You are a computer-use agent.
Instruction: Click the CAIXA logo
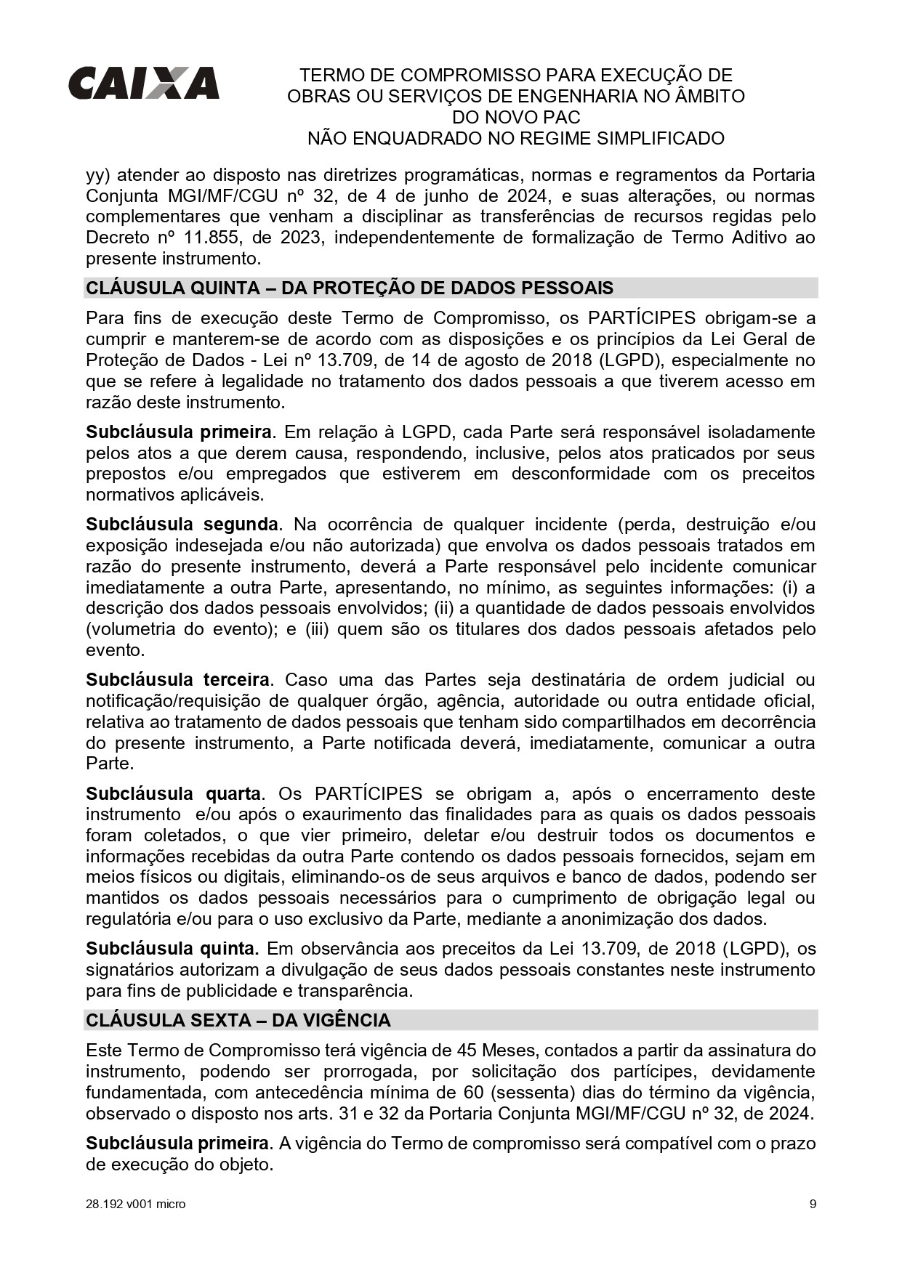tap(143, 83)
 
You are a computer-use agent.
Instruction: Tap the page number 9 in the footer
tap(813, 1204)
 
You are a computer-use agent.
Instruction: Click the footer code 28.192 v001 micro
tap(135, 1204)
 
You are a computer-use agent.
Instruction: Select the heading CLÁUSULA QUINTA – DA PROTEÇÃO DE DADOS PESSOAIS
tap(350, 288)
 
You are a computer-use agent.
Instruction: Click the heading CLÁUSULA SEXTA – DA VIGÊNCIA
tap(238, 1020)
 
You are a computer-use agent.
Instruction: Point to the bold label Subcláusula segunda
tap(182, 524)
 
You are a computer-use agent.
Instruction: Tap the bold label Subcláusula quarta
tap(173, 793)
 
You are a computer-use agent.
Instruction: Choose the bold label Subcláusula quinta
tap(172, 948)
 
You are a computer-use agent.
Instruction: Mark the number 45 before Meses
tap(467, 1050)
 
